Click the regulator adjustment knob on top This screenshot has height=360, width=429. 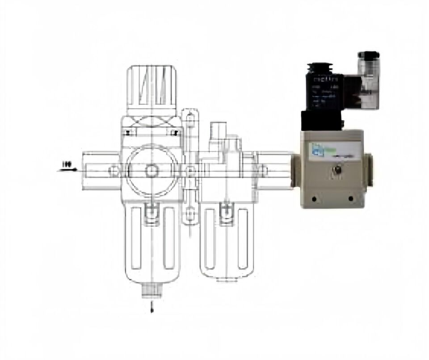[151, 88]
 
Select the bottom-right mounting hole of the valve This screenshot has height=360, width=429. [350, 198]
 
